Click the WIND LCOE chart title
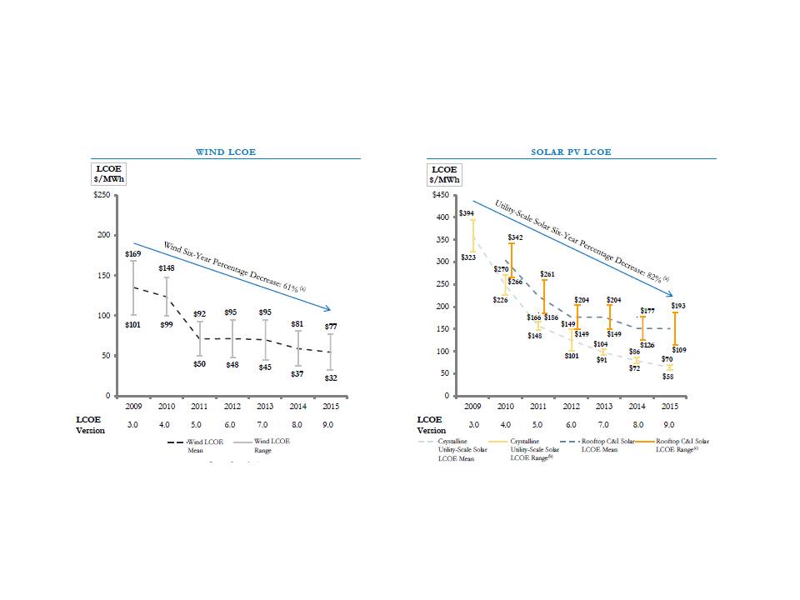coord(225,152)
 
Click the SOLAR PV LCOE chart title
coord(571,152)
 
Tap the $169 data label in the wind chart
coord(132,253)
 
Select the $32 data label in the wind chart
coord(332,377)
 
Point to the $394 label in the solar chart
coord(467,214)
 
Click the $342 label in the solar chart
coord(516,238)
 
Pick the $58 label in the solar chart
coord(667,377)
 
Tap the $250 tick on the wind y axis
coord(101,195)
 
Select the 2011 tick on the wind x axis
coord(199,408)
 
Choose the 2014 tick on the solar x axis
coord(636,408)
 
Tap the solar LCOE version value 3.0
coord(473,423)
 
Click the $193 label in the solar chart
coord(678,307)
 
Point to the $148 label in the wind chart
coord(167,268)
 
